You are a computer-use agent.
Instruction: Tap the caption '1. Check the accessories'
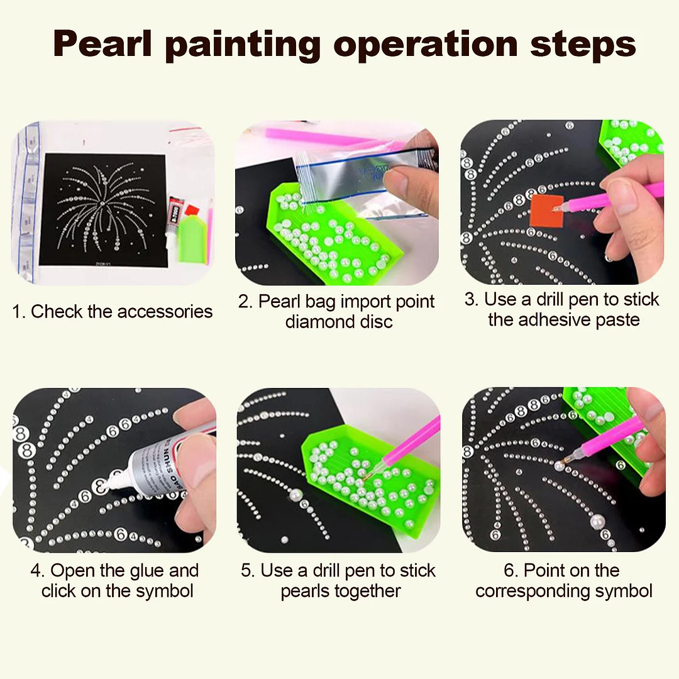tap(113, 311)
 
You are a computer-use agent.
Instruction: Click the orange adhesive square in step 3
tap(545, 209)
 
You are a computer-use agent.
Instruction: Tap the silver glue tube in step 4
tap(160, 465)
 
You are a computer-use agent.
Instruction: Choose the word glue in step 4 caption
tap(148, 571)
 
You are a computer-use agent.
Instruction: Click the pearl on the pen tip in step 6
tap(558, 466)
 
